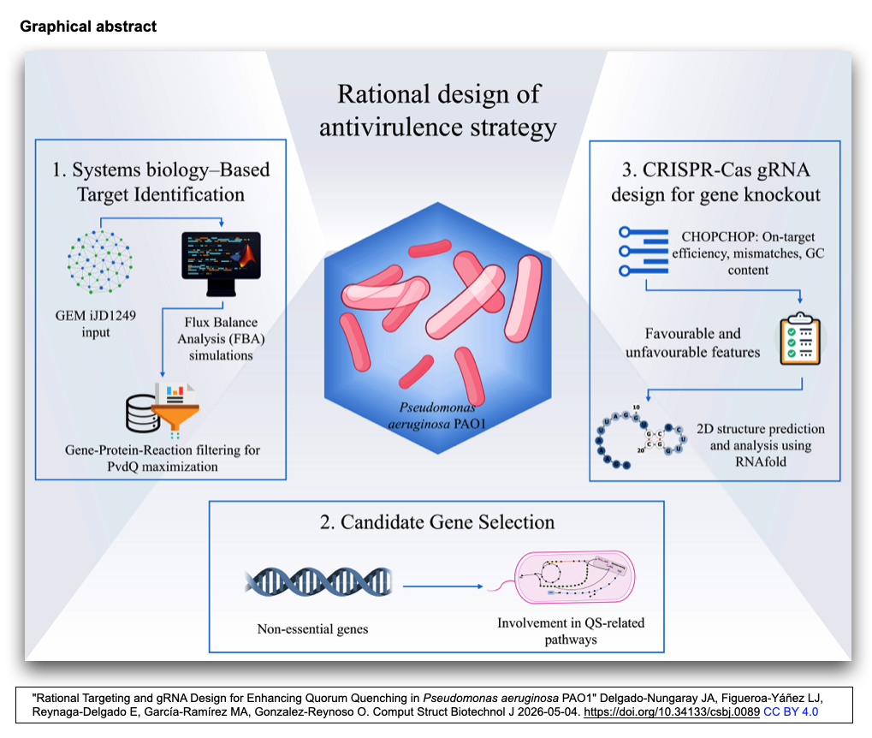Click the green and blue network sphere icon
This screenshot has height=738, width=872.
click(x=100, y=262)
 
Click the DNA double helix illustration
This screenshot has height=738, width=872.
click(x=318, y=582)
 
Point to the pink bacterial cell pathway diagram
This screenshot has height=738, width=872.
click(x=574, y=577)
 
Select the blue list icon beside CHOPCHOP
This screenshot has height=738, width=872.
click(x=644, y=251)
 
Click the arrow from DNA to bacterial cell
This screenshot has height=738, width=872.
click(x=442, y=586)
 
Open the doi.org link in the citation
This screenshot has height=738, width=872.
click(x=671, y=711)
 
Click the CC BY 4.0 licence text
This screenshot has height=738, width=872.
click(x=790, y=711)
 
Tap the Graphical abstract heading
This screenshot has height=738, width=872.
click(x=88, y=27)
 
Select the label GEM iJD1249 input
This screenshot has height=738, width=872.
click(x=96, y=324)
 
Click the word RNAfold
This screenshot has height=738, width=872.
click(x=761, y=461)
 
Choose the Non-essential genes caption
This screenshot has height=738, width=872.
click(x=312, y=629)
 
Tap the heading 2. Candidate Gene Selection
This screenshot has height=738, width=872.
click(x=437, y=522)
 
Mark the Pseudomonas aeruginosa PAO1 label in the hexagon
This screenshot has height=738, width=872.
click(x=437, y=416)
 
